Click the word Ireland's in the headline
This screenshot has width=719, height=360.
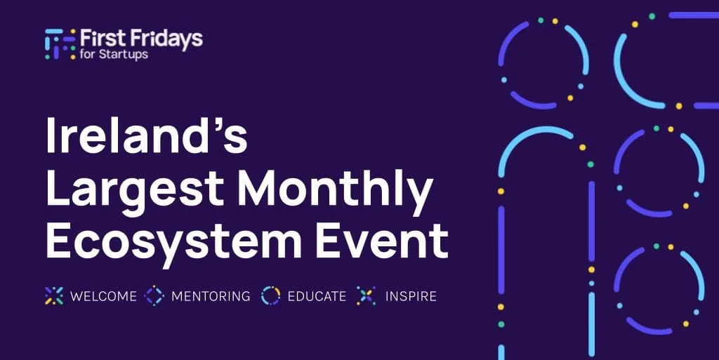(x=147, y=135)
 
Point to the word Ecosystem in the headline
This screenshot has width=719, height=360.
(x=174, y=243)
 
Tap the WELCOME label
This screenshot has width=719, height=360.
(x=103, y=296)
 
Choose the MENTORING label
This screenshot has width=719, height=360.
(x=211, y=296)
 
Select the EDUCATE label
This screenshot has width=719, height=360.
(x=317, y=296)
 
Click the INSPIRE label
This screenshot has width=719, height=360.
(x=411, y=296)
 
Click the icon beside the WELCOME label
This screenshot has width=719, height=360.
(x=54, y=296)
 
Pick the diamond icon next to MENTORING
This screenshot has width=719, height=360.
(x=154, y=296)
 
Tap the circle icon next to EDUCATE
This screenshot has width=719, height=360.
(x=270, y=296)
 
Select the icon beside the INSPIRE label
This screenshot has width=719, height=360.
(x=367, y=296)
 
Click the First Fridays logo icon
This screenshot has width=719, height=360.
(x=60, y=44)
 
